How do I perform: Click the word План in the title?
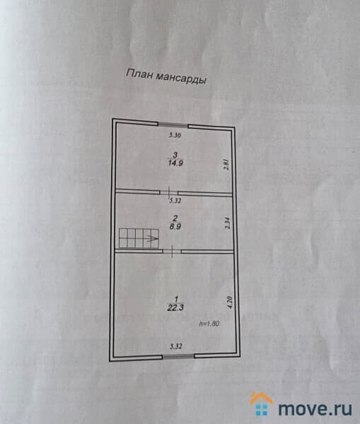pos(139,73)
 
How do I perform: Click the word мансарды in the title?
pos(182,78)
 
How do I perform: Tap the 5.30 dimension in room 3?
pos(175,135)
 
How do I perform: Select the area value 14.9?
pos(175,163)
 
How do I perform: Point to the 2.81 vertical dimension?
pos(226,164)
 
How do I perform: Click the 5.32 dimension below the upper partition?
pos(175,201)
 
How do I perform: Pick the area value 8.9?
pos(175,227)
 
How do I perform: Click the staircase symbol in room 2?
pos(139,238)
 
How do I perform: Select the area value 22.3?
pos(175,307)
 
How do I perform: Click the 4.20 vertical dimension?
pos(230,302)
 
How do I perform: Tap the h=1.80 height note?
pos(209,324)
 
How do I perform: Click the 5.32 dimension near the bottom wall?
pos(176,346)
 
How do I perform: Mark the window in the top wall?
pos(173,124)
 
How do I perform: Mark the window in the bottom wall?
pos(178,356)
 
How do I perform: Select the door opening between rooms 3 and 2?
pos(169,192)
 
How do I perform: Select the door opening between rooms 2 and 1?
pos(172,252)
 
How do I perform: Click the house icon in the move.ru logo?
pos(262,404)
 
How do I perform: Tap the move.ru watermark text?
pos(315,408)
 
